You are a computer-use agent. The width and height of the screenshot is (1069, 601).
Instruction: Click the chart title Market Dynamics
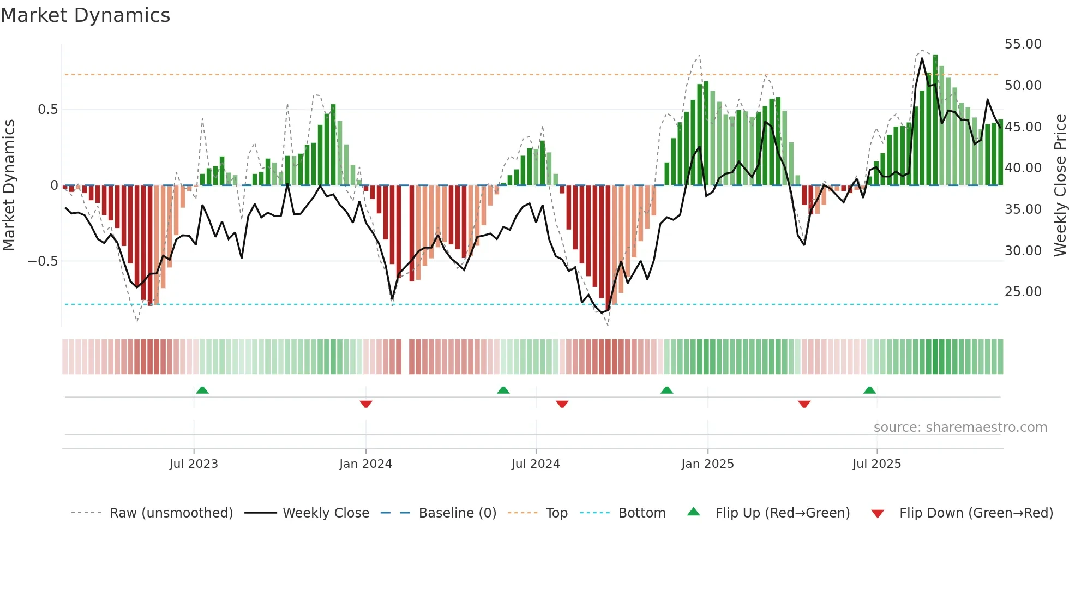point(85,15)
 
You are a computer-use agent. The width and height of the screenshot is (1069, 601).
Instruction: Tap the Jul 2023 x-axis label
point(194,464)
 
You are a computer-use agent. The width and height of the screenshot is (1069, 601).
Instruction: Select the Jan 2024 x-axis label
point(365,464)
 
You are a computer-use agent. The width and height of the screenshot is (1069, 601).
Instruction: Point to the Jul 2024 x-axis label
point(536,464)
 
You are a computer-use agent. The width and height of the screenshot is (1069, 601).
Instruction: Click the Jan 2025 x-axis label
point(707,464)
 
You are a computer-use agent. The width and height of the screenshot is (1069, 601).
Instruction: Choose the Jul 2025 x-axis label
point(876,464)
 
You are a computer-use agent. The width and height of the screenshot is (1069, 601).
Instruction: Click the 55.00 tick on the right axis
point(1023,44)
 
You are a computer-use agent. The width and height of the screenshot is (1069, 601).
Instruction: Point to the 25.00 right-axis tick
point(1023,292)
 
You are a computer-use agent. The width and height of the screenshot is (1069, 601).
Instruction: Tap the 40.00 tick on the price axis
point(1023,168)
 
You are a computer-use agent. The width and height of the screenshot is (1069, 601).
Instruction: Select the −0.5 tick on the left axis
point(43,261)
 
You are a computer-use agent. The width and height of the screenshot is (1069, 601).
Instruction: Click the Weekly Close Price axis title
point(1060,185)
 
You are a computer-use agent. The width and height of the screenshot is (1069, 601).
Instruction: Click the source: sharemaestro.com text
point(960,428)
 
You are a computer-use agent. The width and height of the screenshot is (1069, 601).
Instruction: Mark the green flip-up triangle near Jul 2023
point(202,390)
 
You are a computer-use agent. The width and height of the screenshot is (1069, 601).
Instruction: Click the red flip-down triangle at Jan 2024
point(366,404)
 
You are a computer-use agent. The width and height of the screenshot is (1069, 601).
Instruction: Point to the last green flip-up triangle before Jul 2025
point(869,390)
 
